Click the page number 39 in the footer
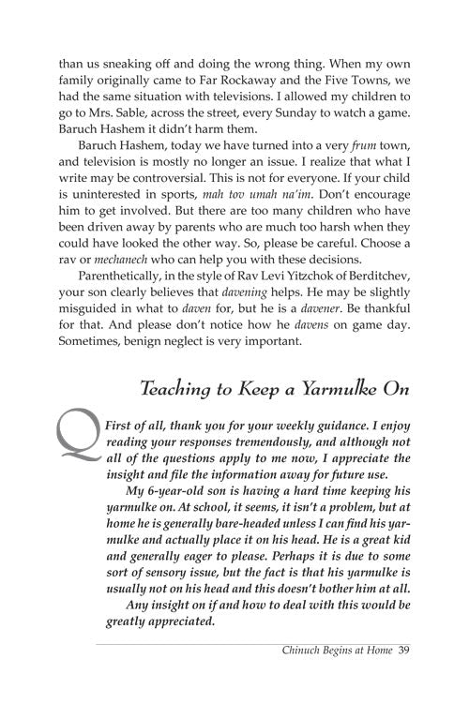click(x=404, y=674)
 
